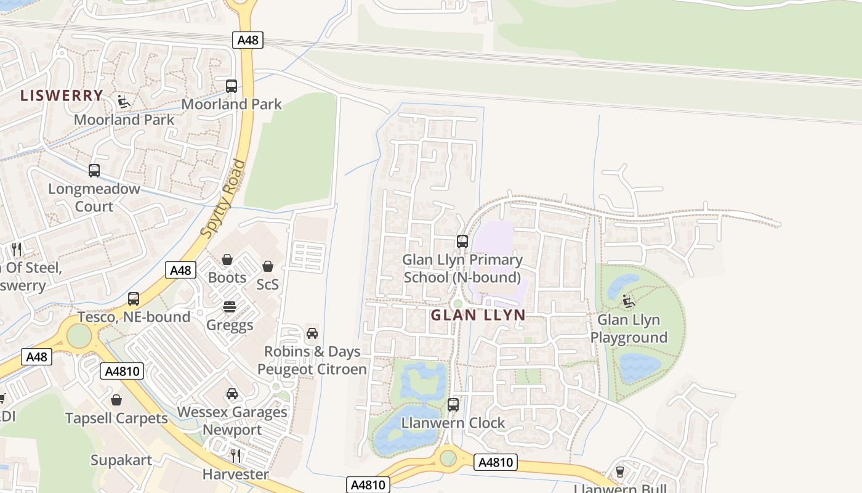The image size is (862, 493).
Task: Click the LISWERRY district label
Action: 62,96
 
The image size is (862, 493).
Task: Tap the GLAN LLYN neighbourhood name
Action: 478,316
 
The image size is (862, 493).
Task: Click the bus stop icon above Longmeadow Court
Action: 94,171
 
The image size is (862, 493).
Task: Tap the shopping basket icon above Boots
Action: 227,259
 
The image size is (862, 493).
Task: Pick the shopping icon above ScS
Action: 268,266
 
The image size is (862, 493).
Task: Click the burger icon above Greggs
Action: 230,307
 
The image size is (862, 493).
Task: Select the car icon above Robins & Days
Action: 312,333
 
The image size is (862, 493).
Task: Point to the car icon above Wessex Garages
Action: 232,394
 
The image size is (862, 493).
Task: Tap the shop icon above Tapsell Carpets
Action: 116,400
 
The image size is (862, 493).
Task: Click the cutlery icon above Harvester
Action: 236,456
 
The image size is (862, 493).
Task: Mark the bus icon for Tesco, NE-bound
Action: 134,299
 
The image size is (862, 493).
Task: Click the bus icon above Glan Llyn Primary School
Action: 462,242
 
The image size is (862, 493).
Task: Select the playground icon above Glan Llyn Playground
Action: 629,301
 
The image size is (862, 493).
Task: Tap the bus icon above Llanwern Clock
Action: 453,405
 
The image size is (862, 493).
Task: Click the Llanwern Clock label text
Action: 453,423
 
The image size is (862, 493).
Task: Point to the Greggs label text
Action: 230,325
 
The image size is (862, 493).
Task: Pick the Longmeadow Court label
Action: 94,198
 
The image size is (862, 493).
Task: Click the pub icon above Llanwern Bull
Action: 620,472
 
